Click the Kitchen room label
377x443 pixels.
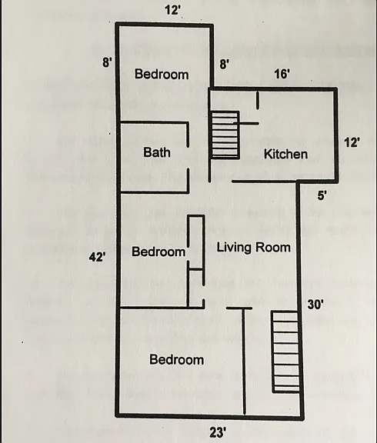tap(285, 155)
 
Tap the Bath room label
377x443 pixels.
tap(157, 152)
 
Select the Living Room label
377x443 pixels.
tap(253, 248)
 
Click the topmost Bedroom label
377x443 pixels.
tap(162, 74)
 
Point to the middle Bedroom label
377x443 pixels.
tap(158, 251)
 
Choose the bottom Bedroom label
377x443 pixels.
tap(177, 359)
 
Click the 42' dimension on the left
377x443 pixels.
tap(98, 257)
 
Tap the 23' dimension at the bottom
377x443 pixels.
tap(218, 432)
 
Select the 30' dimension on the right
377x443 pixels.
tap(315, 305)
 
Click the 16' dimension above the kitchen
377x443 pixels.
tap(282, 74)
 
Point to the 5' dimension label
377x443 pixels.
tap(322, 195)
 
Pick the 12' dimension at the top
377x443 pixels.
tap(172, 10)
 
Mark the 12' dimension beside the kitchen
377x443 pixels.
tap(352, 142)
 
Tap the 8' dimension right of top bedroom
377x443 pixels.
tap(224, 64)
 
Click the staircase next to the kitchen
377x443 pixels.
tap(225, 135)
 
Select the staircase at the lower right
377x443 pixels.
tap(285, 351)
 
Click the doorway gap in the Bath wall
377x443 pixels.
tap(188, 158)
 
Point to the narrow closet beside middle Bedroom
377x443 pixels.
tap(197, 241)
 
